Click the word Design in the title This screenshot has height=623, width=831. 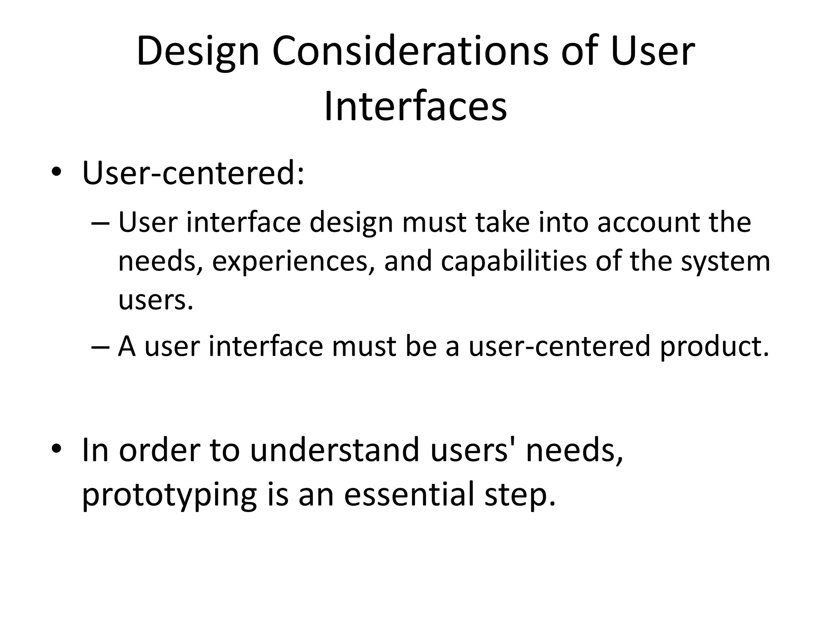coord(198,52)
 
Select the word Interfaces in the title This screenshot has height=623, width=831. coord(415,107)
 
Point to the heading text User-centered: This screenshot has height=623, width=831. coord(193,173)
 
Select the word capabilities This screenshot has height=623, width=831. coord(514,262)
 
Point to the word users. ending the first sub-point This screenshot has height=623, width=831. coord(155,301)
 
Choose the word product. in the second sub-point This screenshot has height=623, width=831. coord(715,347)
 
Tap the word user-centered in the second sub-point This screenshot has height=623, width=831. coord(560,347)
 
